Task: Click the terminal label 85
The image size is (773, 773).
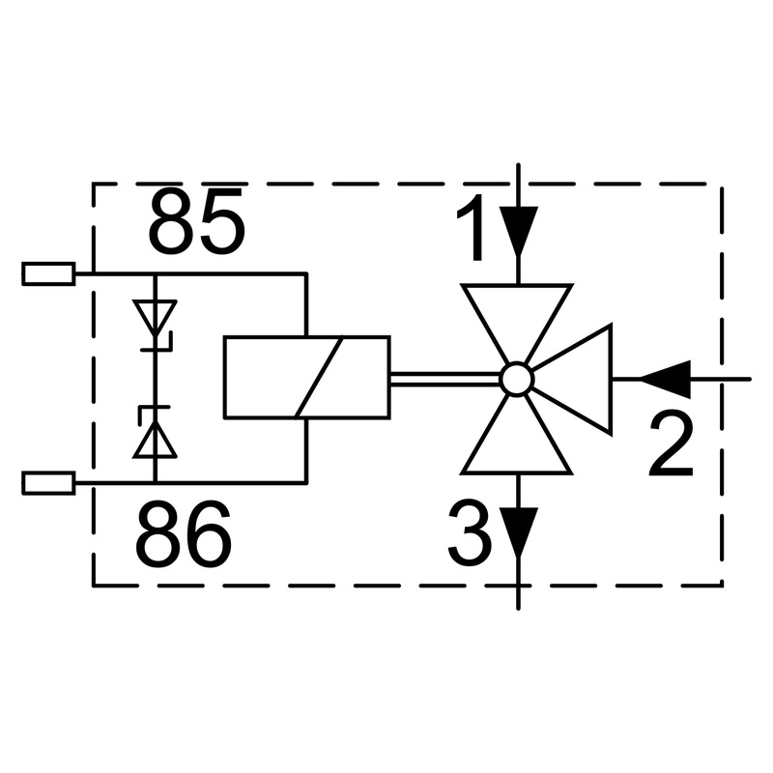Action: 196,221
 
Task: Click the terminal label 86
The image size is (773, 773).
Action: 183,534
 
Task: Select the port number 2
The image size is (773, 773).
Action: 671,444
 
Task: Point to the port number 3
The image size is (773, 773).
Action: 470,532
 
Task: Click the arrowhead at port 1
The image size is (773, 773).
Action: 518,231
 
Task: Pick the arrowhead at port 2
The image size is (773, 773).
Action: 665,379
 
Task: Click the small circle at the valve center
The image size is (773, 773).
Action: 517,379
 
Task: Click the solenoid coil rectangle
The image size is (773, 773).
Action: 307,378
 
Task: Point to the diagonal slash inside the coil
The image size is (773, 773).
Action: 319,378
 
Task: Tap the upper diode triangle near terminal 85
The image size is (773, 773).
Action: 155,318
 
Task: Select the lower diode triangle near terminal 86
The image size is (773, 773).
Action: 155,441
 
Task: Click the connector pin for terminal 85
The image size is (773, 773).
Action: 49,273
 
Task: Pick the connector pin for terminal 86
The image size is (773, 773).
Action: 49,483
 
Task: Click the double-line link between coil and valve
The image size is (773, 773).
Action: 445,379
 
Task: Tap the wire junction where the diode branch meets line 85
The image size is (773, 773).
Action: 155,273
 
